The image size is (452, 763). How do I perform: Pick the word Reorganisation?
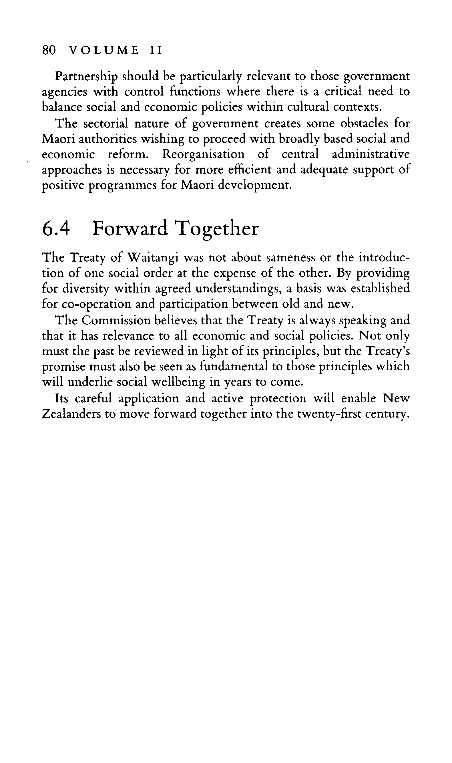pyautogui.click(x=203, y=154)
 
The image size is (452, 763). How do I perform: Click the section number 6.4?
pyautogui.click(x=56, y=229)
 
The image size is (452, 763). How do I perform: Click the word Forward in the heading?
pyautogui.click(x=130, y=229)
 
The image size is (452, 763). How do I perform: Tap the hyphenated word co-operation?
pyautogui.click(x=95, y=304)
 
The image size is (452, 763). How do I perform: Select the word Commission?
pyautogui.click(x=116, y=320)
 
